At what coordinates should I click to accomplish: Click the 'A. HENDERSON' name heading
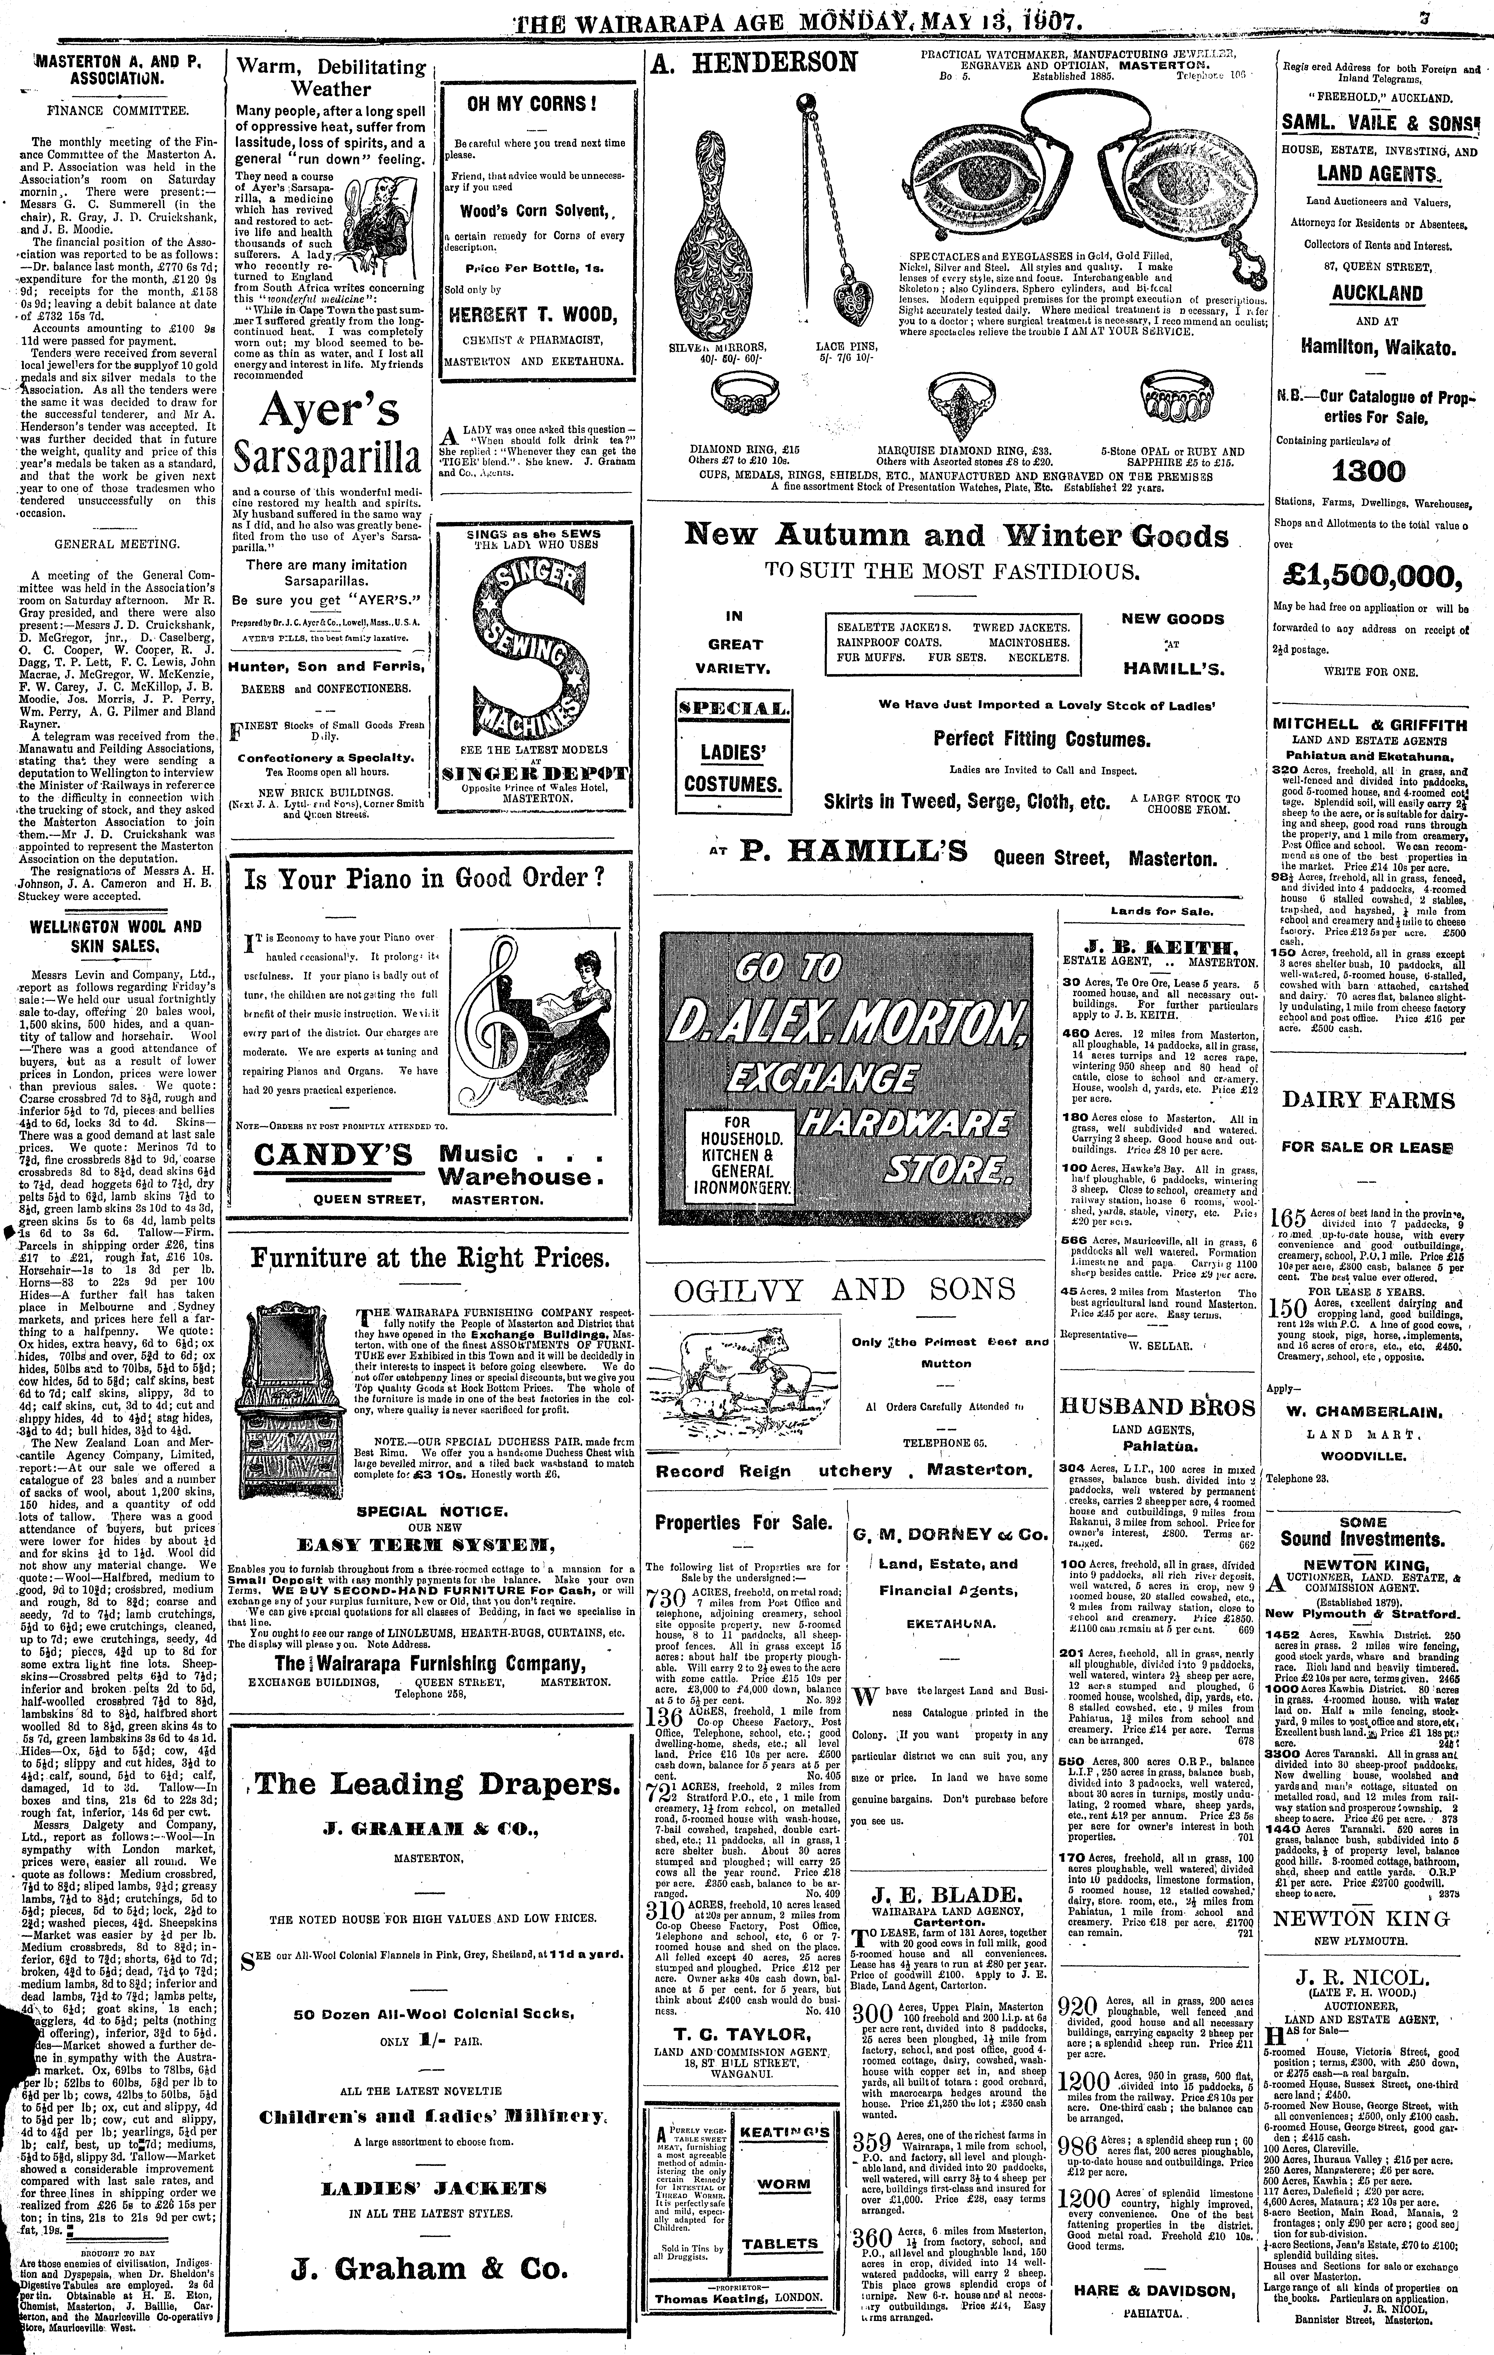tap(752, 64)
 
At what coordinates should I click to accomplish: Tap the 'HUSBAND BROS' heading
tap(1158, 1405)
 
